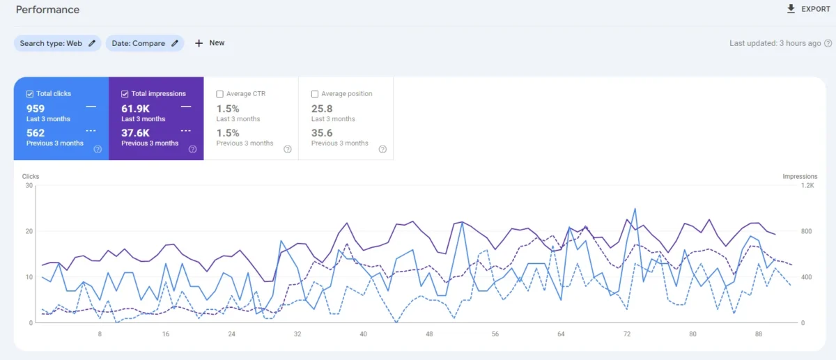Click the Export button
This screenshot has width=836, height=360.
(808, 9)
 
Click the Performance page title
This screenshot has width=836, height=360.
(47, 10)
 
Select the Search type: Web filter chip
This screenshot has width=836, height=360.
(57, 43)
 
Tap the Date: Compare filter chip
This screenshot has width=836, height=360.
(145, 43)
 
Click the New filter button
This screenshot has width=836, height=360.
(210, 43)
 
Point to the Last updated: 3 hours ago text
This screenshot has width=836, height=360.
(775, 43)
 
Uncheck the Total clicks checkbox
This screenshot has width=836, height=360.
(29, 94)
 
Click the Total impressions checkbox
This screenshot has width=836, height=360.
(125, 94)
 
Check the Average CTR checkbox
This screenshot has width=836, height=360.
(220, 94)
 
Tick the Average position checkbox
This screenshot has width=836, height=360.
(315, 94)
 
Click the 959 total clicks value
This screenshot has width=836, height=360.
(36, 109)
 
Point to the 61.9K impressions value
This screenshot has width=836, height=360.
(135, 109)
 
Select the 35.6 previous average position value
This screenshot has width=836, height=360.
(322, 133)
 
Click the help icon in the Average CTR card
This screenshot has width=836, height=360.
(288, 149)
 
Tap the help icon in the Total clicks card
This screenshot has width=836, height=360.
(98, 149)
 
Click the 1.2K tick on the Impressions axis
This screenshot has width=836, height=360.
(807, 185)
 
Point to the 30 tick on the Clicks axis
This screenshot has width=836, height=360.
(29, 185)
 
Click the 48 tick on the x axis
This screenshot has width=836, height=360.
(429, 334)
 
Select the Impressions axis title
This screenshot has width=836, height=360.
(800, 177)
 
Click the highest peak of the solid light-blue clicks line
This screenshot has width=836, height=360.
(635, 208)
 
